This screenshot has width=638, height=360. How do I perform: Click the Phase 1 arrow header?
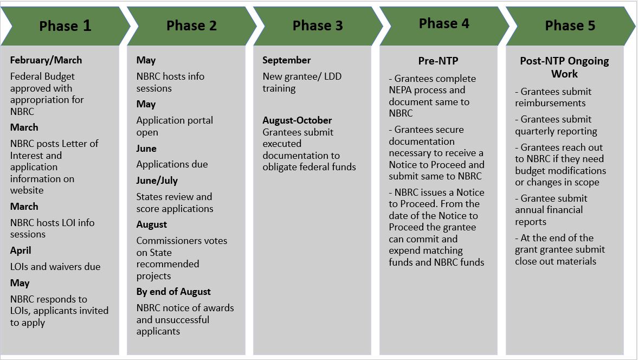(x=65, y=25)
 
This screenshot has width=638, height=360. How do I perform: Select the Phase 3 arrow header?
(x=318, y=25)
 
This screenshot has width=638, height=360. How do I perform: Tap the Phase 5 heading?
(x=570, y=25)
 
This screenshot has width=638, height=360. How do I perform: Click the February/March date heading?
(x=46, y=60)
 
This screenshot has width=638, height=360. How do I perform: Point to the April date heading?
(x=21, y=250)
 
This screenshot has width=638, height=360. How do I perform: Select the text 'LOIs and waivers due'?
(x=55, y=267)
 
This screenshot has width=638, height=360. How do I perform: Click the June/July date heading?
(x=157, y=181)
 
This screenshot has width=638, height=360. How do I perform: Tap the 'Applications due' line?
(x=172, y=164)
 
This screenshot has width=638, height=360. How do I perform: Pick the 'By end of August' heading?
(x=173, y=292)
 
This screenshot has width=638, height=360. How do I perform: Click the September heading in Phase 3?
(x=286, y=60)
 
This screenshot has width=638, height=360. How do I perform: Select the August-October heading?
(x=297, y=120)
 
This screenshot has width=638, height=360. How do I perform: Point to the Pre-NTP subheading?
(x=438, y=61)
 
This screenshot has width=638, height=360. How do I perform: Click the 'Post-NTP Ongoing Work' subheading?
(x=564, y=68)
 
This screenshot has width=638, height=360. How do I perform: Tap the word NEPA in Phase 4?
(x=401, y=90)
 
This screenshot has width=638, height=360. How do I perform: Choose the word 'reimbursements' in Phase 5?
(x=550, y=103)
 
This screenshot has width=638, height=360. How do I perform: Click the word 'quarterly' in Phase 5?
(x=534, y=131)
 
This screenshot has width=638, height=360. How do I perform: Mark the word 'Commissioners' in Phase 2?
(x=166, y=241)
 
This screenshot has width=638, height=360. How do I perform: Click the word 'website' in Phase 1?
(x=27, y=190)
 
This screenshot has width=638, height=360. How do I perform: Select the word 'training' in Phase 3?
(x=279, y=89)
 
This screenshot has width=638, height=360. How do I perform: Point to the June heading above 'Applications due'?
(x=146, y=149)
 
